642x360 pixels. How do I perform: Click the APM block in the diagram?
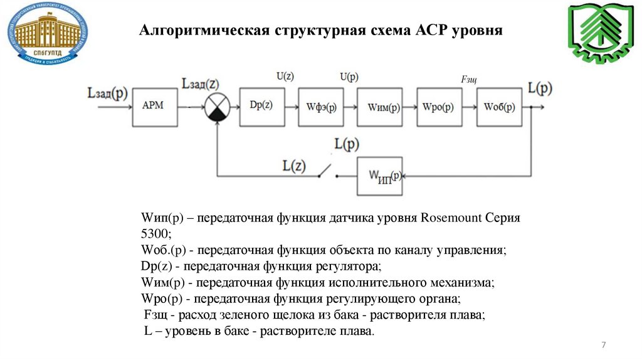(x=153, y=106)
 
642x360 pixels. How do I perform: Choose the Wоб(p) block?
(x=500, y=106)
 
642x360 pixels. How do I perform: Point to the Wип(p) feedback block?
(x=381, y=176)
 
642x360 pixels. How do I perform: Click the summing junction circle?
(x=217, y=107)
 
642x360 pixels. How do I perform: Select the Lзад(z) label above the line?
(x=199, y=83)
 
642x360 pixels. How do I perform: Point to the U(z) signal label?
(x=285, y=77)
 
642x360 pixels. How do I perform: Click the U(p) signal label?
(x=349, y=77)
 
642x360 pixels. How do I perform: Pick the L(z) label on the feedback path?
(x=293, y=166)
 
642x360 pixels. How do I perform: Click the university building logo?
(x=48, y=33)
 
